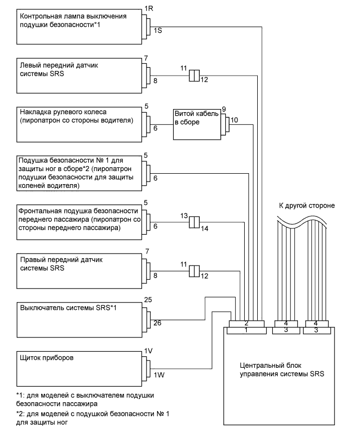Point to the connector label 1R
pyautogui.click(x=149, y=8)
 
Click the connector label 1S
pyautogui.click(x=158, y=30)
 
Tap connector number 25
pyautogui.click(x=148, y=300)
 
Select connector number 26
pyautogui.click(x=158, y=323)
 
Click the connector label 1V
pyautogui.click(x=148, y=351)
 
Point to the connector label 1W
pyautogui.click(x=159, y=375)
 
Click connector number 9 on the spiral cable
pyautogui.click(x=224, y=109)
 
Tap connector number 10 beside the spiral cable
pyautogui.click(x=234, y=120)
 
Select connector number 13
pyautogui.click(x=184, y=216)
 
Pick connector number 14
pyautogui.click(x=205, y=228)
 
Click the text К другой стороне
pyautogui.click(x=307, y=206)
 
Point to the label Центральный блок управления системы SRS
pyautogui.click(x=282, y=369)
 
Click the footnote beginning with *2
pyautogui.click(x=93, y=418)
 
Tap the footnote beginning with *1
pyautogui.click(x=85, y=400)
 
